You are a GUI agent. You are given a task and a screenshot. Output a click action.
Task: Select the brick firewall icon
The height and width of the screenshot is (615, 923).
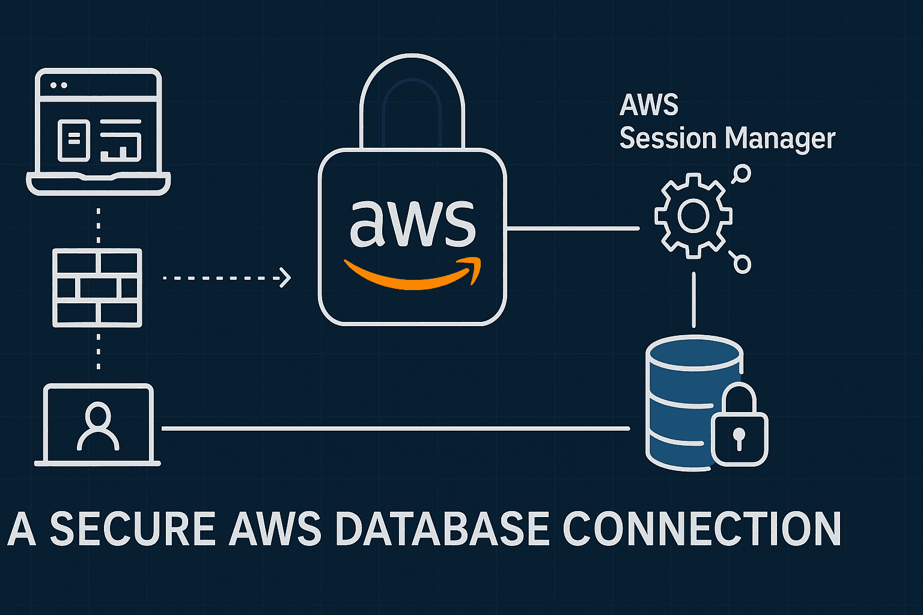point(97,288)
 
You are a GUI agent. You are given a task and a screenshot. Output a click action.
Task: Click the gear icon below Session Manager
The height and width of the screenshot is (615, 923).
point(693,216)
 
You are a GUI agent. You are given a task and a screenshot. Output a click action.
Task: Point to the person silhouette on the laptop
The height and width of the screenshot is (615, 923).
point(98,426)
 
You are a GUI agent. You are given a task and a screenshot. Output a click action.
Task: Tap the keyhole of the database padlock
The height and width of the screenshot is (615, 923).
point(739,437)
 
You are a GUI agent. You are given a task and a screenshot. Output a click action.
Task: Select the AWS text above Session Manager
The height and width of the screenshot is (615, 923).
point(649,106)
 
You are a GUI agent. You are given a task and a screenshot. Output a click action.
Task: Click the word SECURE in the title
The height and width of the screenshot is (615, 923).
point(132,529)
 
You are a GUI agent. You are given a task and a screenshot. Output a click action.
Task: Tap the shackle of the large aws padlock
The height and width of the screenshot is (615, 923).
point(412,90)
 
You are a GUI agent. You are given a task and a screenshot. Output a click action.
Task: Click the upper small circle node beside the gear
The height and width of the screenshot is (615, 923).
point(742,174)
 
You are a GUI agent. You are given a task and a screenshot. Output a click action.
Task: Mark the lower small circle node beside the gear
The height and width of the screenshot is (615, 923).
point(743,264)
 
